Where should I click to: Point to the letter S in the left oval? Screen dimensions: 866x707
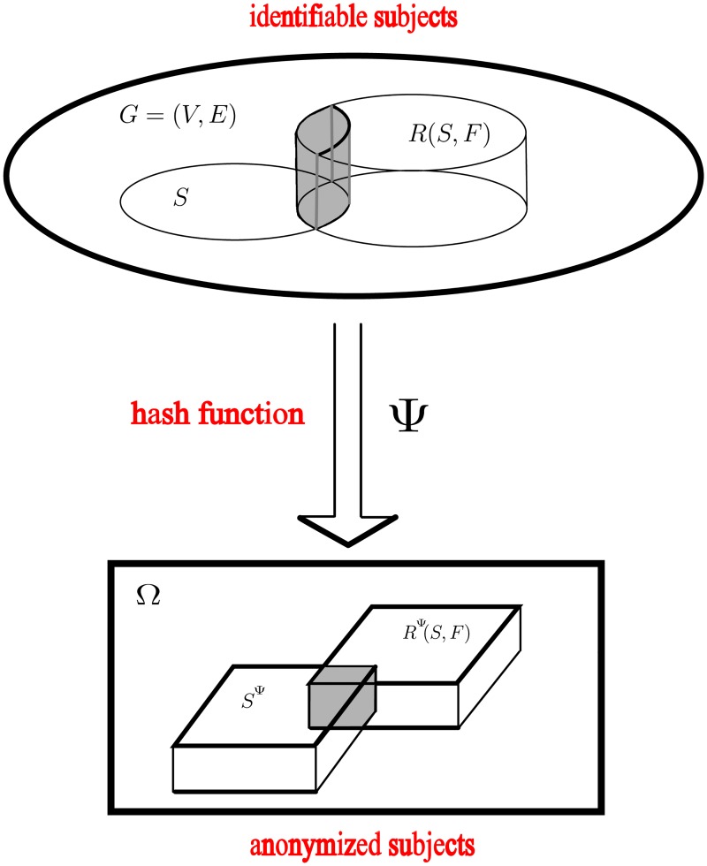tap(180, 197)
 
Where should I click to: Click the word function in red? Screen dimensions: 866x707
tap(262, 413)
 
